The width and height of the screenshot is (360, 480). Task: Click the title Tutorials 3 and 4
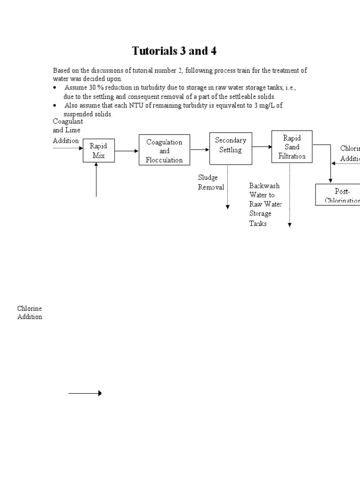[x=174, y=51]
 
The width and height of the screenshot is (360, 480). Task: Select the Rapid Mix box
[x=98, y=150]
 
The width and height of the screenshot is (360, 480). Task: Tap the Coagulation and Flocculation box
[x=164, y=150]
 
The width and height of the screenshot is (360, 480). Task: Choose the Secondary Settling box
[x=230, y=148]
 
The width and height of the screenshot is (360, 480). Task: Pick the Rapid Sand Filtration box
[x=292, y=147]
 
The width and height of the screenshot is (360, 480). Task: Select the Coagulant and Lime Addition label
[x=67, y=131]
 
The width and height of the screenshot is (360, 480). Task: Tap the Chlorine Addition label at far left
[x=30, y=313]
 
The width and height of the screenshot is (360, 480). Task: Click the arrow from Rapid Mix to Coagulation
[x=127, y=151]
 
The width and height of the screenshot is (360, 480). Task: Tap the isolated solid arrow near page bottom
[x=85, y=393]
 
